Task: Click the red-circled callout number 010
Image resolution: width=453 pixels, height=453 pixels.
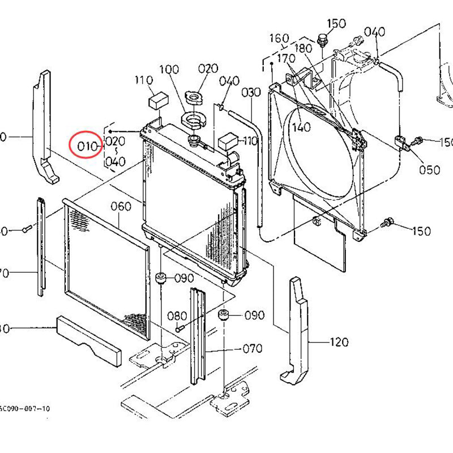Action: (x=88, y=147)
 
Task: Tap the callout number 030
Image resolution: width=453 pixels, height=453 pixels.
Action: (x=251, y=92)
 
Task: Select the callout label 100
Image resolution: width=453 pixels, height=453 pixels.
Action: (x=169, y=71)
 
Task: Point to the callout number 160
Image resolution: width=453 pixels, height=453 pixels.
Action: (x=279, y=39)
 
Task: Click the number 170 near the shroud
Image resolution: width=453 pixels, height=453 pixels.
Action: (x=286, y=58)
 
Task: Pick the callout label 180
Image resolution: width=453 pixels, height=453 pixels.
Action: (x=304, y=49)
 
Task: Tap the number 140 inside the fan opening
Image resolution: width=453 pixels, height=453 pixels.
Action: (x=302, y=127)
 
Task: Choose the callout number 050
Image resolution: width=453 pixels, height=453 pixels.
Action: (x=429, y=170)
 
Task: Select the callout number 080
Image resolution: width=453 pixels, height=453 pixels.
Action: (x=177, y=315)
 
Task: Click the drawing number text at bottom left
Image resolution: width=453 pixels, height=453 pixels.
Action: (x=25, y=408)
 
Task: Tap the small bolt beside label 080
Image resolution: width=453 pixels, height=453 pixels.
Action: (x=179, y=328)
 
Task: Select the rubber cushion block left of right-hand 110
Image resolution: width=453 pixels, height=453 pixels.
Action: (x=229, y=140)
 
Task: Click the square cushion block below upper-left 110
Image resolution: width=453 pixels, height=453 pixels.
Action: (x=156, y=101)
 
